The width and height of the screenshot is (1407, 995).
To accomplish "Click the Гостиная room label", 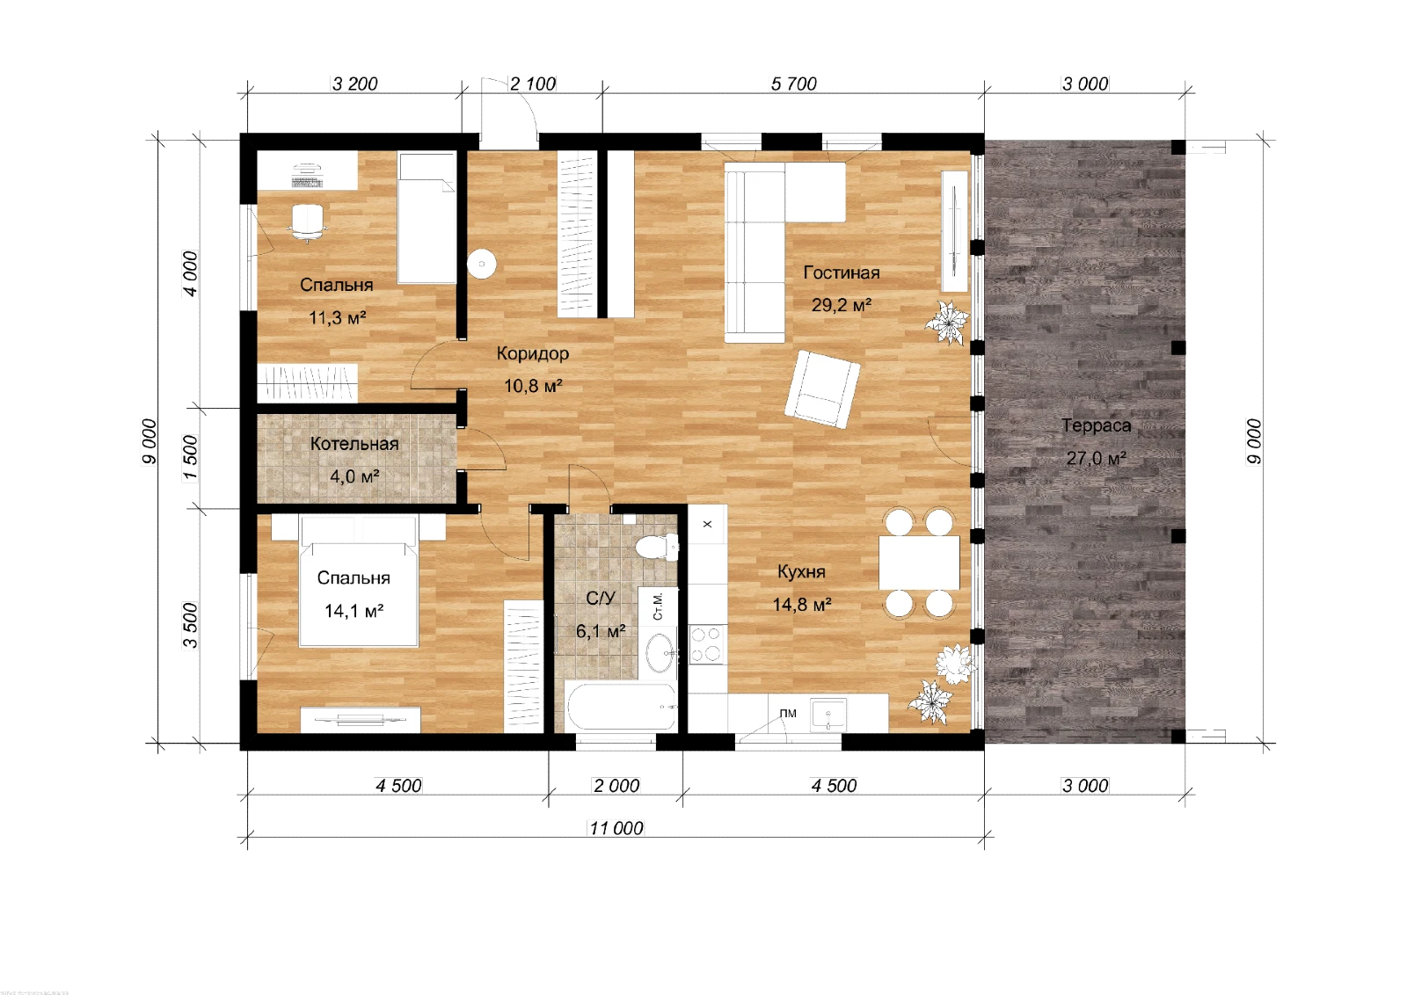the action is point(841,273).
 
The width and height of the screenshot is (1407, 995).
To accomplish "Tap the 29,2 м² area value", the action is point(841,305).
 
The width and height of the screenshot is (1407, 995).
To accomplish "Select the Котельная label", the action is point(354,444).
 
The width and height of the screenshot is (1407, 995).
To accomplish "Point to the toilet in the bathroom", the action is point(657,546).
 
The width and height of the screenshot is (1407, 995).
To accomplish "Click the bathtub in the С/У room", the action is point(621,706).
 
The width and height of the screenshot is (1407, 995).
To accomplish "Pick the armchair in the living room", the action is point(822,389).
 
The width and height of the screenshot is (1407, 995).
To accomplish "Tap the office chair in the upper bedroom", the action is point(308,222).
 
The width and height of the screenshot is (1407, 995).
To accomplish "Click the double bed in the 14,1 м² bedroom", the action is point(359,581).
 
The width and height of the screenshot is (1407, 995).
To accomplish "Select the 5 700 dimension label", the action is point(793,84).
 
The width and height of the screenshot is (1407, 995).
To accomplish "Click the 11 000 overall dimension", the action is point(616,828).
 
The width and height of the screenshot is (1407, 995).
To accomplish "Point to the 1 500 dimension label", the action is point(191,458).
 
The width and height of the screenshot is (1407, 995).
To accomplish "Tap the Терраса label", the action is point(1096,425).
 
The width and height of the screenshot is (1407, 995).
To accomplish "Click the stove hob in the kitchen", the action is point(707,644).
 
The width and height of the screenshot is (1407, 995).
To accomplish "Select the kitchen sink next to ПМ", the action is point(828,714).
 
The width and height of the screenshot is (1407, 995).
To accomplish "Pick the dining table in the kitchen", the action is point(919,563).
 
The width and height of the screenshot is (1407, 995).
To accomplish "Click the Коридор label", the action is point(533,353).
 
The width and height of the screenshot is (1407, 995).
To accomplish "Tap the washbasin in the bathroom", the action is point(660,653).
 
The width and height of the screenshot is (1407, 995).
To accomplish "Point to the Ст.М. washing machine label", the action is point(658,606).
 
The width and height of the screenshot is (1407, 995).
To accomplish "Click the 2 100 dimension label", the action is point(533,84).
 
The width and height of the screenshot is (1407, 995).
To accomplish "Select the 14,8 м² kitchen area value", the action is point(802,605).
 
